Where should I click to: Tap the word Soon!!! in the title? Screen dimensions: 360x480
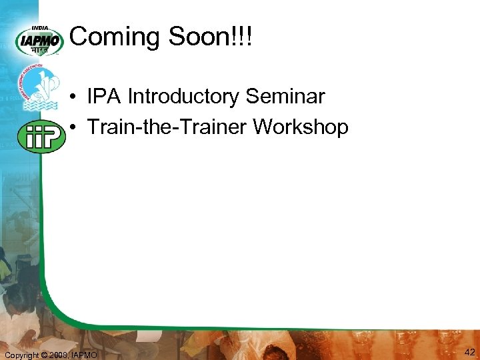[x=211, y=37]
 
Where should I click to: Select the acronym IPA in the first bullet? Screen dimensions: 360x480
[x=104, y=97]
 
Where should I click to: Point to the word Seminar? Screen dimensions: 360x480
[x=285, y=97]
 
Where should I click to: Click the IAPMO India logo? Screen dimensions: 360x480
[x=39, y=41]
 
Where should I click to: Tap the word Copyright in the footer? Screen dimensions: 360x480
[x=22, y=355]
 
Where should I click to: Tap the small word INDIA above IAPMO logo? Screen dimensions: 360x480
[x=40, y=29]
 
